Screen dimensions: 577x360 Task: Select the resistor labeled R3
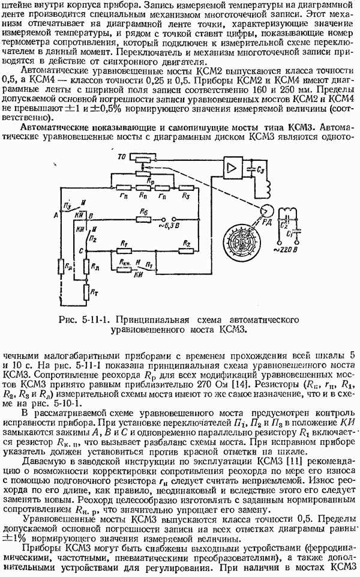(x=187, y=185)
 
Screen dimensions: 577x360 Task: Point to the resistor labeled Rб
(x=143, y=219)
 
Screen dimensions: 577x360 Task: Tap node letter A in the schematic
(x=55, y=215)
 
